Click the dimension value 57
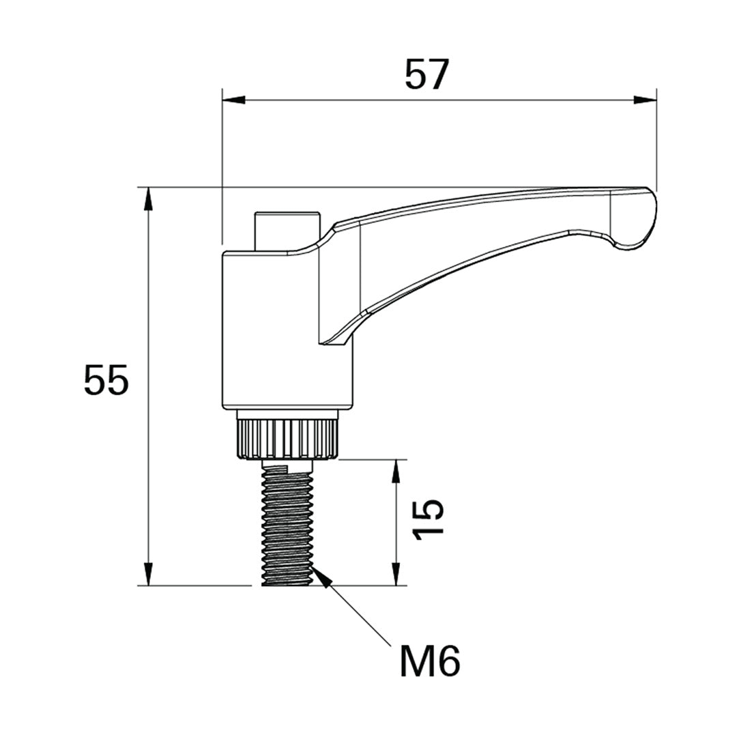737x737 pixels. [427, 74]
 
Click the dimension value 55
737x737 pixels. [106, 380]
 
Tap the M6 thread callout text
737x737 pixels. [429, 661]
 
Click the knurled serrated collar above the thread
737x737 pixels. [287, 439]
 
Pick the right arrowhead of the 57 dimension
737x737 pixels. [646, 100]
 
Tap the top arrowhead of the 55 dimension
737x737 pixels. [148, 198]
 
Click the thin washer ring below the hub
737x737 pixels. [287, 414]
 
